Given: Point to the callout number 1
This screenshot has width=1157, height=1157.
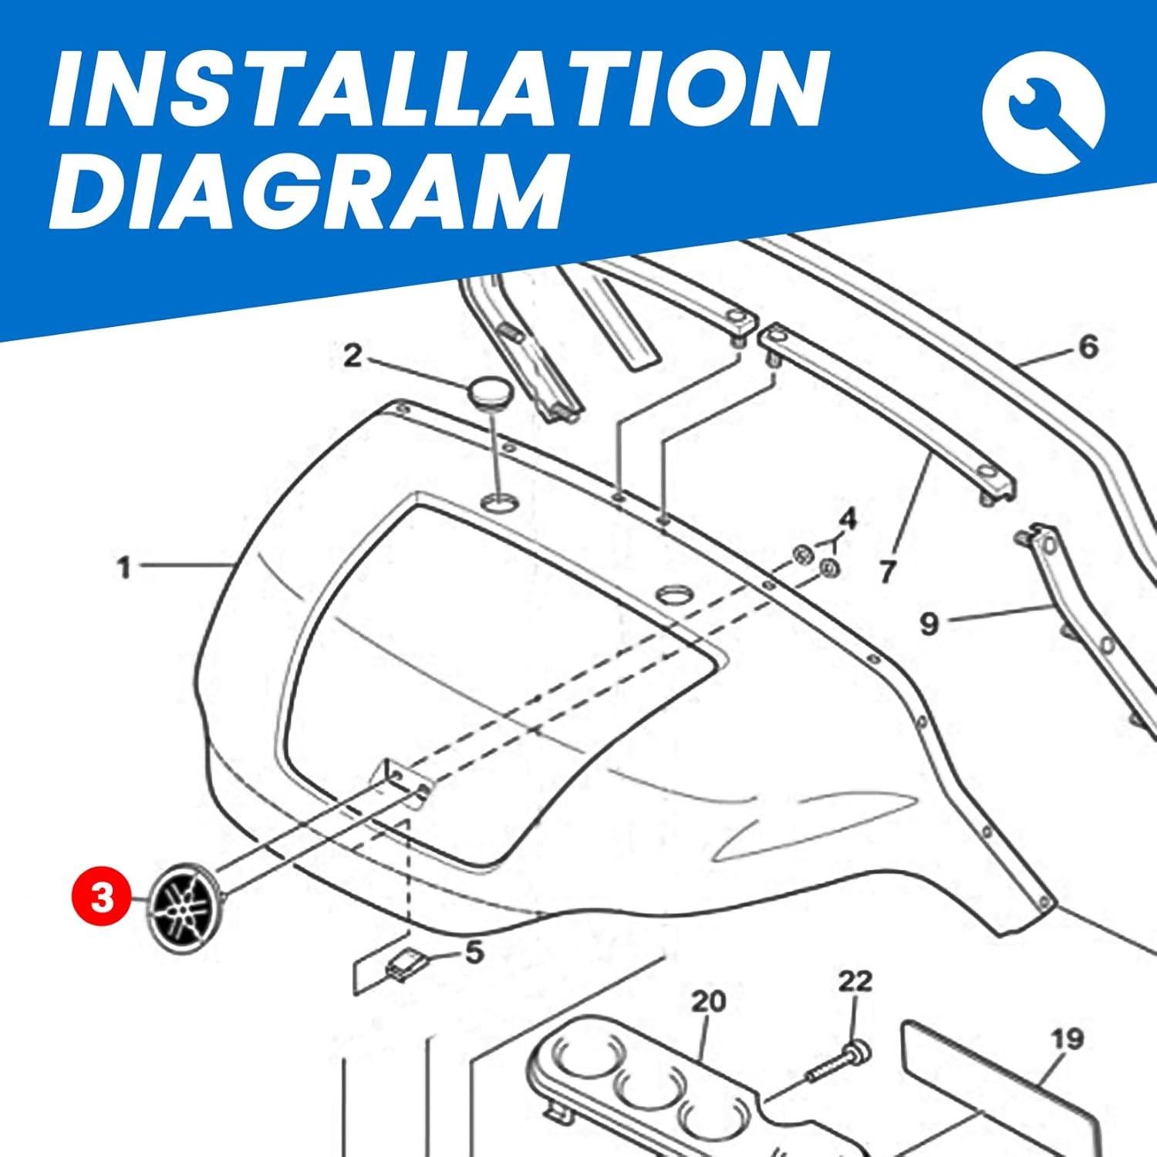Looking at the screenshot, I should click(x=124, y=568).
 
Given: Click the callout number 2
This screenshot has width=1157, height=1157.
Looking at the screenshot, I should click(x=352, y=356).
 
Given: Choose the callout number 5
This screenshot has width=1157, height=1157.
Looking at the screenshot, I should click(x=474, y=952).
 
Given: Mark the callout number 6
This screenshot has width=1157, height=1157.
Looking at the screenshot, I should click(x=1088, y=347).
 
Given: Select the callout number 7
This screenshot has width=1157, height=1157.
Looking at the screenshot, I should click(x=887, y=572).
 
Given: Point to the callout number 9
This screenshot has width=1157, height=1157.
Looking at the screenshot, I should click(x=929, y=623).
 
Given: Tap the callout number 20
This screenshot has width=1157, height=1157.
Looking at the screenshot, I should click(x=708, y=1001).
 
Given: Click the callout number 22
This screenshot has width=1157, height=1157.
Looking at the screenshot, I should click(x=855, y=981).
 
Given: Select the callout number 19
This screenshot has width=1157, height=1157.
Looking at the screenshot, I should click(x=1068, y=1040).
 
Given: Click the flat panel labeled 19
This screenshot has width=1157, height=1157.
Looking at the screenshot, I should click(x=995, y=1088).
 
